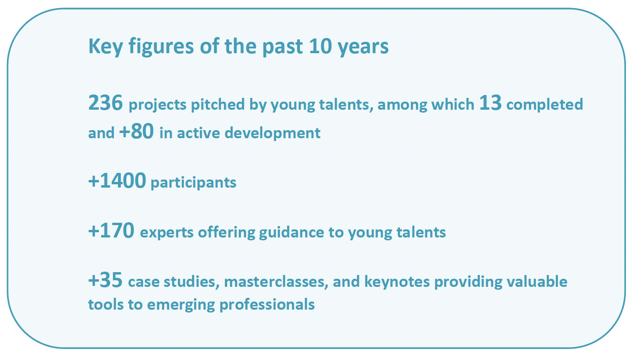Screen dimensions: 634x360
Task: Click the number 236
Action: point(106,103)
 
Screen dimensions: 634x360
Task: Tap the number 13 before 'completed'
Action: point(490,103)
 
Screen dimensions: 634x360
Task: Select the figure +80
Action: point(136,131)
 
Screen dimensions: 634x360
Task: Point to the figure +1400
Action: point(117,180)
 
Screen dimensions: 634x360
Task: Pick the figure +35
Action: point(106,280)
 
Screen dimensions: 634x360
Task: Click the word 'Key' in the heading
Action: point(106,47)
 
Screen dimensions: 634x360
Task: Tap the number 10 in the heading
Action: point(320,46)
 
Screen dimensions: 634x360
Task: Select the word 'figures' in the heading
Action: point(161,47)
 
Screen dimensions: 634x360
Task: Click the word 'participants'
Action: point(193,183)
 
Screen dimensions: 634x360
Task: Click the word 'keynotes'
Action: point(397,282)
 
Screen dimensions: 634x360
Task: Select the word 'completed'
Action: point(545,104)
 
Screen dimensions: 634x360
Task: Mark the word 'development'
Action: point(272,133)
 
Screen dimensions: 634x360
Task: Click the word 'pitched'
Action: point(218,104)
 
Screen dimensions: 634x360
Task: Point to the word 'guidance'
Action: point(291,233)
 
